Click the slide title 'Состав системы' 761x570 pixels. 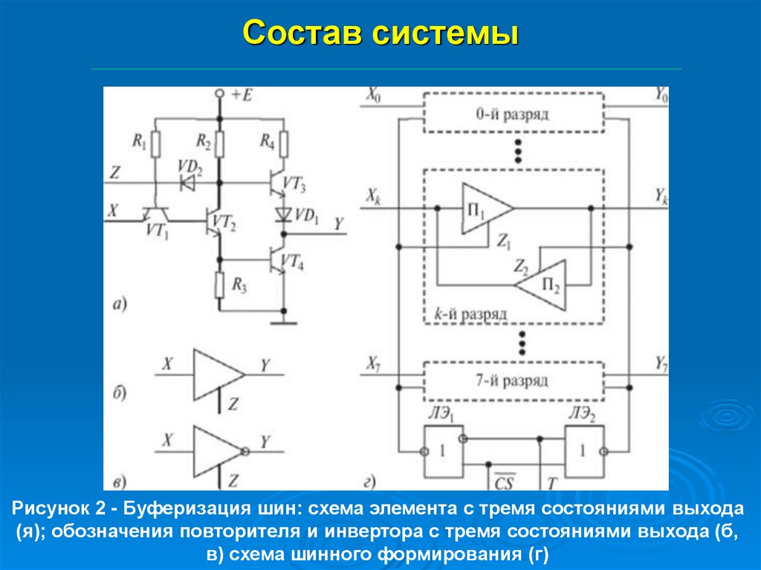pyautogui.click(x=380, y=33)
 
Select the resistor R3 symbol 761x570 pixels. pyautogui.click(x=219, y=283)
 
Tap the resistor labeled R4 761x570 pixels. pyautogui.click(x=283, y=142)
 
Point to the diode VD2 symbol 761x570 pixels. pyautogui.click(x=188, y=181)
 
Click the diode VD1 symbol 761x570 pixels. pyautogui.click(x=283, y=215)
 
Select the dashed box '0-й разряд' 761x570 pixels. pyautogui.click(x=512, y=114)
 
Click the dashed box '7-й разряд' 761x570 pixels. pyautogui.click(x=512, y=380)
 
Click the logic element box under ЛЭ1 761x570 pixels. pyautogui.click(x=441, y=451)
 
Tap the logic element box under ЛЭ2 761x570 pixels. pyautogui.click(x=583, y=451)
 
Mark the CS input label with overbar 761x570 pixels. pyautogui.click(x=504, y=482)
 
